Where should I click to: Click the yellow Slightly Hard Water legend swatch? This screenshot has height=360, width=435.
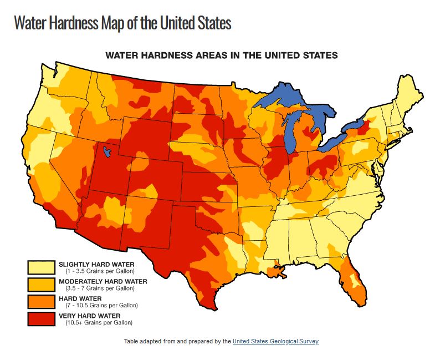click(42, 267)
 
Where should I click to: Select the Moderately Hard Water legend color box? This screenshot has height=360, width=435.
click(42, 285)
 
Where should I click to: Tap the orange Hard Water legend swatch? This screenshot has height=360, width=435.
click(42, 302)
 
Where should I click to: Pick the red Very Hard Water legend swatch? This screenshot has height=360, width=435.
click(42, 319)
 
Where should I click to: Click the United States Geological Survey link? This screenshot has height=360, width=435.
click(275, 342)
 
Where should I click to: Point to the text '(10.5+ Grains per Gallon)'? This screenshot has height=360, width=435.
click(98, 322)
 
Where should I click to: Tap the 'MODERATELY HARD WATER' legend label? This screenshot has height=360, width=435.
click(103, 281)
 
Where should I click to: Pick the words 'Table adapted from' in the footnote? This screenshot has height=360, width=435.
click(147, 342)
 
